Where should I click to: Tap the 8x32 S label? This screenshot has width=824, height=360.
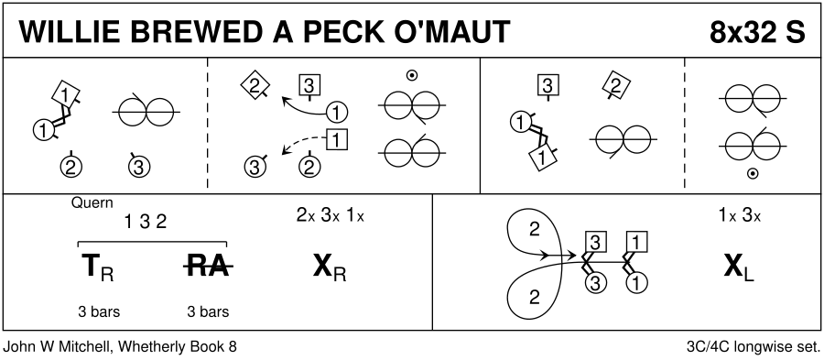tap(757, 31)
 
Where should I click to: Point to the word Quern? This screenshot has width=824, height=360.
tap(92, 202)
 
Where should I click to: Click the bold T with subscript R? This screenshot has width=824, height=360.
tap(98, 267)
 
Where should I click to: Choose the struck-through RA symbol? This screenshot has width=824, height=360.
tap(208, 267)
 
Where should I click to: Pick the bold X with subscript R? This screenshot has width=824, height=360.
tap(330, 267)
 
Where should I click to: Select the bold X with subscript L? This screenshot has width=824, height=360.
tap(739, 267)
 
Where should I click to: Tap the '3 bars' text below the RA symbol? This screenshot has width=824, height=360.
tap(208, 311)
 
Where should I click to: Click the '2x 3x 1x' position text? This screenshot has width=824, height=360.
tap(330, 216)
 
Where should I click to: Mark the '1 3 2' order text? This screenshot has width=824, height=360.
tap(146, 223)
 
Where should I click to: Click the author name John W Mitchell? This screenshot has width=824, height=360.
tap(57, 347)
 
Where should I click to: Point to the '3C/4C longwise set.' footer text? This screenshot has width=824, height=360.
tap(754, 347)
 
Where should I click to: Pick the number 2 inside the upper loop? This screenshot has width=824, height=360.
tap(535, 230)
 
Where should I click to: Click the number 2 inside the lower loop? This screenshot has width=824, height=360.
tap(535, 298)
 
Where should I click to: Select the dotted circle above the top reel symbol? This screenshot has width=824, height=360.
tap(412, 76)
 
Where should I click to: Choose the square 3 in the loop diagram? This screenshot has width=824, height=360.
tap(595, 242)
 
